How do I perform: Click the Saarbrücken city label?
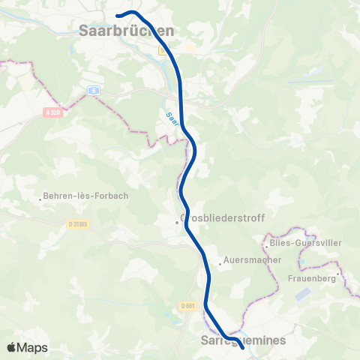pos(126,31)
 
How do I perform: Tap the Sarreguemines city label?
pos(244,340)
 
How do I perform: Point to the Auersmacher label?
pos(253,260)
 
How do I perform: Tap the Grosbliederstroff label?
pos(223,217)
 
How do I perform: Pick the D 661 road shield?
pos(187,305)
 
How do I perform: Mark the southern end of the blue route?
pos(241,347)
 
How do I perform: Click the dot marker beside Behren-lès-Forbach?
pos(40,199)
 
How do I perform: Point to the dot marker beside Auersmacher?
pos(220,263)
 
